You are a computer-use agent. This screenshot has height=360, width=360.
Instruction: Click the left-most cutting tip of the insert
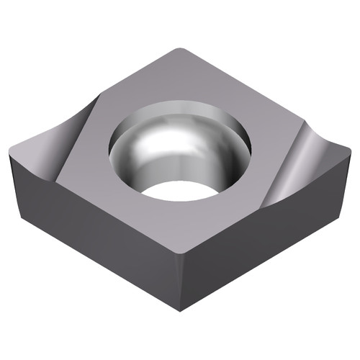click(x=9, y=150)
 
